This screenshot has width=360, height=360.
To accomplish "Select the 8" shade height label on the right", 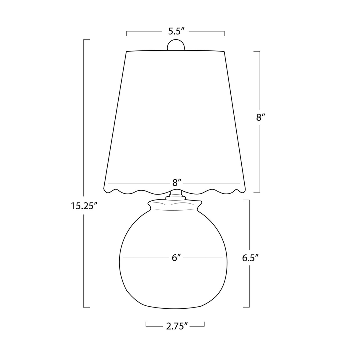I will (260, 118).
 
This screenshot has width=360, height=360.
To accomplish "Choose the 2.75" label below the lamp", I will (177, 326).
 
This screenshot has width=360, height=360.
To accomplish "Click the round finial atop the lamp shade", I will (176, 45).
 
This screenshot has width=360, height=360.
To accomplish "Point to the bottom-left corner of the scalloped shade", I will (104, 189).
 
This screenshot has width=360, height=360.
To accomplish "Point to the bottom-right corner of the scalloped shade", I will (247, 189).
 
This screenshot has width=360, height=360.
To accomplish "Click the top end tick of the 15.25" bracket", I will (86, 39).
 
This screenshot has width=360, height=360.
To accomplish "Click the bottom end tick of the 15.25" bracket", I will (86, 307).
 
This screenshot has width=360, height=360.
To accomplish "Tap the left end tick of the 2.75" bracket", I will (146, 324).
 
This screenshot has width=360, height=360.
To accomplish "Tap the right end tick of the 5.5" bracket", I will (224, 33).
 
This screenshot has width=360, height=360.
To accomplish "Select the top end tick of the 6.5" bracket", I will (246, 200).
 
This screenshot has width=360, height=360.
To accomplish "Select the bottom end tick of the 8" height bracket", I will (257, 192).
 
